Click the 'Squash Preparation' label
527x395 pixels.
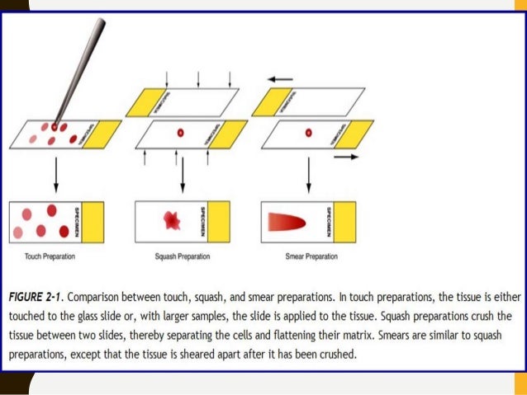[x=182, y=256]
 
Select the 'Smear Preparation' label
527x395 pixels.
[x=311, y=256]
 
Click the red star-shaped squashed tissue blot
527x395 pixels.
[x=173, y=219]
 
